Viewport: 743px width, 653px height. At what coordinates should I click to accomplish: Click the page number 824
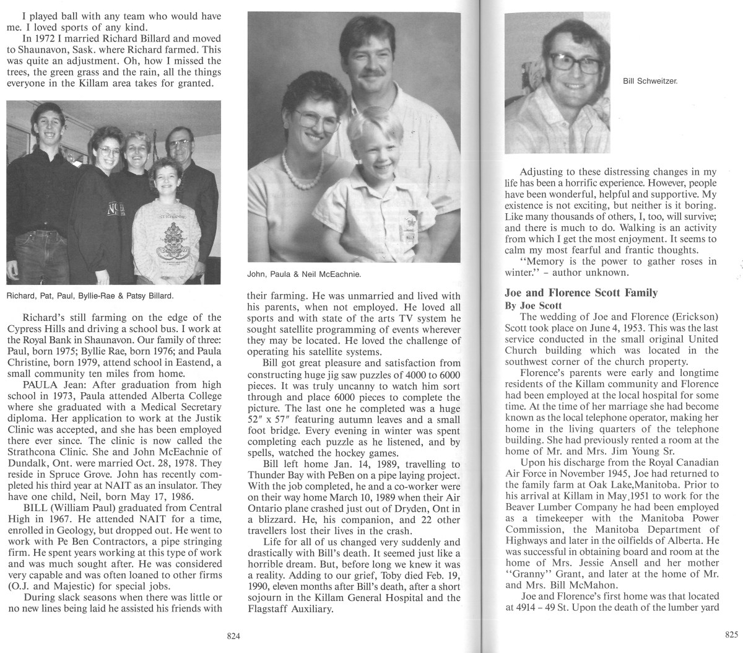click(x=233, y=635)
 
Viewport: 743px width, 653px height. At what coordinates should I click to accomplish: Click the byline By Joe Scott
click(x=534, y=305)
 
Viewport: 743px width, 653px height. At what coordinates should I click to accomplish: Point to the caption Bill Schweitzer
click(x=649, y=81)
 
